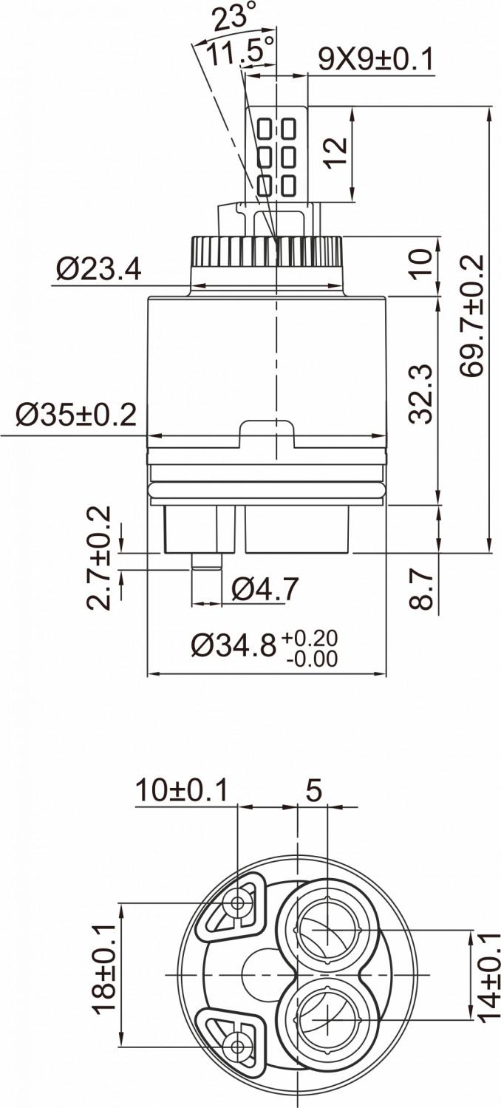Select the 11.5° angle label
tap(239, 51)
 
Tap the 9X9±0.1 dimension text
tap(376, 59)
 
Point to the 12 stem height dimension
tap(335, 153)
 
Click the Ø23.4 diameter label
tap(99, 270)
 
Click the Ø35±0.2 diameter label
tap(75, 415)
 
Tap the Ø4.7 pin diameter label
tap(265, 588)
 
